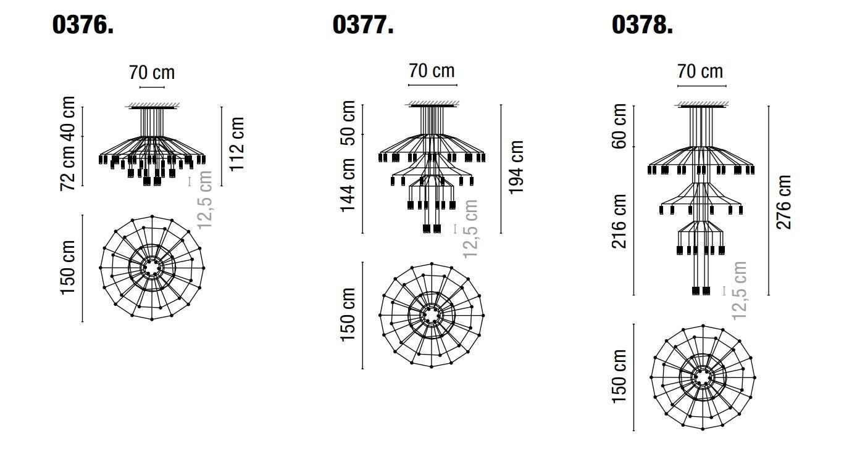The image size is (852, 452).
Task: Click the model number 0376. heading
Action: pos(83,25)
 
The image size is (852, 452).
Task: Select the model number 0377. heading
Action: pos(363,25)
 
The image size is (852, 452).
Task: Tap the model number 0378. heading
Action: pos(642,25)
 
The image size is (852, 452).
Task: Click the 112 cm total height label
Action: pos(236,143)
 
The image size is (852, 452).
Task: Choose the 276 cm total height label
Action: pos(783,202)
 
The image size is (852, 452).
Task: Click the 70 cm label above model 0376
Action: pos(152,73)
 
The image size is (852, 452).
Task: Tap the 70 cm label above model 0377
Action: pos(432,70)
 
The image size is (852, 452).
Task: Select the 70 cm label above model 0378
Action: pos(700,71)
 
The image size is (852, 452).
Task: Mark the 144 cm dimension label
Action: pos(348,184)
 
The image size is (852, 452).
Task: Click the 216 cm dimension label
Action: pos(619,221)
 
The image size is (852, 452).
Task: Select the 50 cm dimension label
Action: pos(348,118)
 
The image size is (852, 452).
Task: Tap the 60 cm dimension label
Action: pos(619,126)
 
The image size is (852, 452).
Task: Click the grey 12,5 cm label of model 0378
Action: pos(740,290)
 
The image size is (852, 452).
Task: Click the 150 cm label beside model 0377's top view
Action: pos(348,314)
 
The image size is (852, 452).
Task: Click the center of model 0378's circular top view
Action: pos(703,377)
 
